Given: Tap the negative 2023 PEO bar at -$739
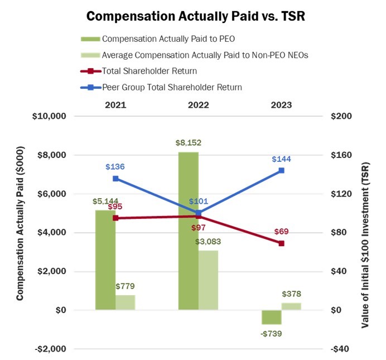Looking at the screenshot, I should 272,317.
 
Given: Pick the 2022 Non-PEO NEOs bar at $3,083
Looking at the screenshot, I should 209,280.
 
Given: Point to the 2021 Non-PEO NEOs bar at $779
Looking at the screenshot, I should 126,302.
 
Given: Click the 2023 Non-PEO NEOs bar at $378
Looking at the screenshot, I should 292,306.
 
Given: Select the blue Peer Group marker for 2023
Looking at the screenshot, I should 282,170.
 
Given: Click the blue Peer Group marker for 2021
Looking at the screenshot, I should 115,179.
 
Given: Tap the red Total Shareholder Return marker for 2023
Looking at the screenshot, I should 282,243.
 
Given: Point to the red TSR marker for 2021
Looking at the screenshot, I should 115,218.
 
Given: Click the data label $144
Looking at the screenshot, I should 282,159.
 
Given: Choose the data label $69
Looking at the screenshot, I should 282,231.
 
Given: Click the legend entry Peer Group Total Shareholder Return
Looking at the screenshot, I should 172,87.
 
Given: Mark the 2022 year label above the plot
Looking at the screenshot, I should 199,104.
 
